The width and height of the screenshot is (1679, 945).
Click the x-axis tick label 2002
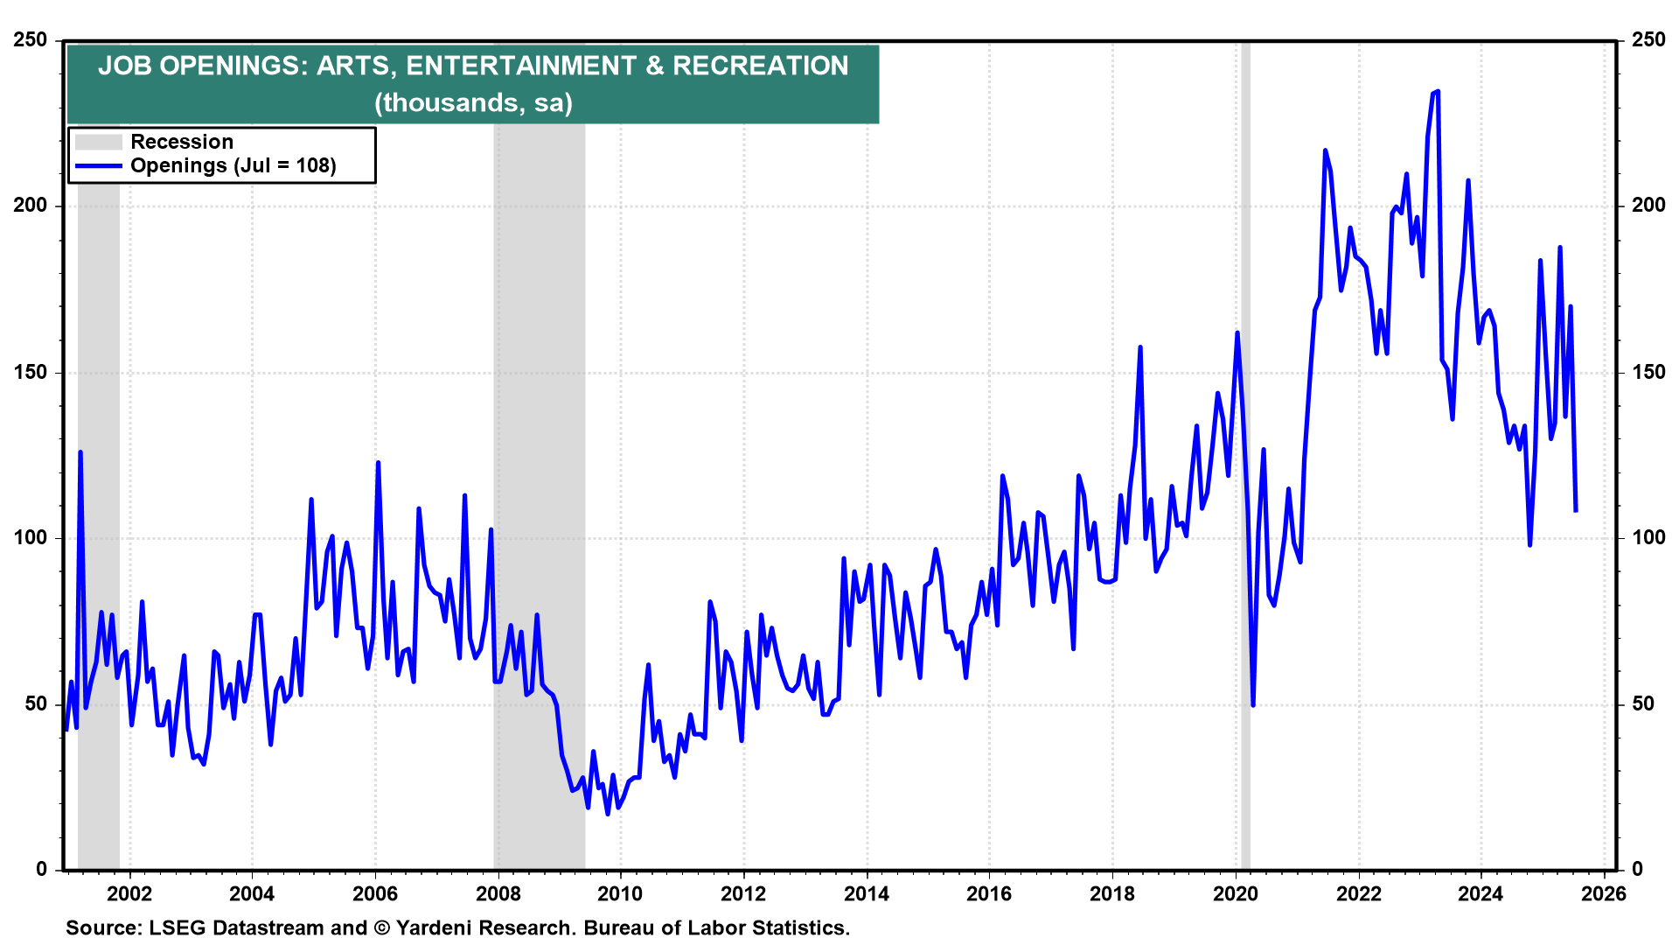pos(129,893)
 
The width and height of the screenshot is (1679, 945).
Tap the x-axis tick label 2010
pos(620,893)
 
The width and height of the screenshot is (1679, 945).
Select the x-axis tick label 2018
pos(1111,893)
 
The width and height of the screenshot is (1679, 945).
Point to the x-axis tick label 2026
pos(1604,893)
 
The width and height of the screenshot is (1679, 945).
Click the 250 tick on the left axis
pos(31,40)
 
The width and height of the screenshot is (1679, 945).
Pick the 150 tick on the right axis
pos(1648,372)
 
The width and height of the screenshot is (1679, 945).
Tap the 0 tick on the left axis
pos(41,869)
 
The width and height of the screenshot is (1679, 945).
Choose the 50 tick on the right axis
pos(1644,703)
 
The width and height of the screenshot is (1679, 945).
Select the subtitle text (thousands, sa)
pos(473,103)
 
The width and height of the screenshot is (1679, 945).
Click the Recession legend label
pos(182,142)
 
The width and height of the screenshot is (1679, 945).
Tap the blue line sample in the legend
pos(98,165)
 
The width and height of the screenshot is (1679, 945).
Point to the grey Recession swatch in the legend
pos(98,142)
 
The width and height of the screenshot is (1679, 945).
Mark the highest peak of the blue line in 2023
pos(1438,91)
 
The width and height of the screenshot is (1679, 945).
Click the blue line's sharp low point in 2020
pos(1253,704)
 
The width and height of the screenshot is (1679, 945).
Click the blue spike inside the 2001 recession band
pos(80,452)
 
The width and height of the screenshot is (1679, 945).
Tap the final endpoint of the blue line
pos(1576,510)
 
